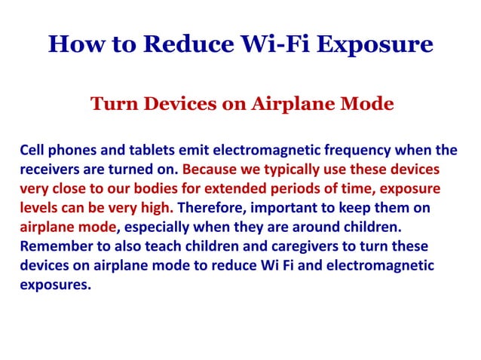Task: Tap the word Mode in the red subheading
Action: (x=367, y=104)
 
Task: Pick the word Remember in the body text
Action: (x=52, y=246)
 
